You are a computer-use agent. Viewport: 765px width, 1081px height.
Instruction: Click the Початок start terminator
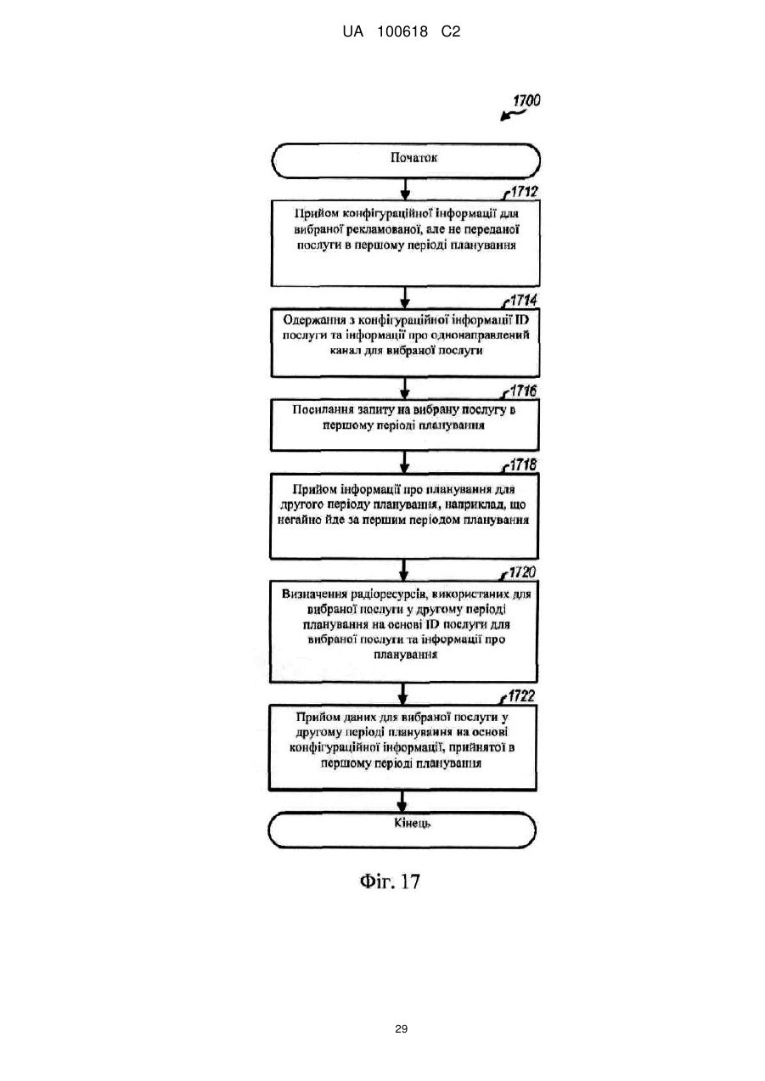(x=406, y=160)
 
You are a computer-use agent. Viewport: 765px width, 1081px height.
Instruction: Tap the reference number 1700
(x=526, y=100)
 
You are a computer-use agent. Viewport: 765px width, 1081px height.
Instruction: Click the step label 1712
(x=524, y=192)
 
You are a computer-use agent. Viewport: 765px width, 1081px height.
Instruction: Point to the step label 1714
(x=524, y=300)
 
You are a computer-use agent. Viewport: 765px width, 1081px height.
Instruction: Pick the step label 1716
(x=523, y=391)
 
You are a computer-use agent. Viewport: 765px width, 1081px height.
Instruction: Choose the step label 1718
(x=523, y=464)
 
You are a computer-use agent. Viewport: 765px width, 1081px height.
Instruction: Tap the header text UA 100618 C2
(x=401, y=32)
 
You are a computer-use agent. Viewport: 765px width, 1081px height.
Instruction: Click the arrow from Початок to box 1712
(x=406, y=189)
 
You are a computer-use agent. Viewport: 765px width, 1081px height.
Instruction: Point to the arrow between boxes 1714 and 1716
(x=405, y=388)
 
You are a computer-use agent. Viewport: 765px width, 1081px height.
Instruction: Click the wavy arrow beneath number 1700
(x=513, y=115)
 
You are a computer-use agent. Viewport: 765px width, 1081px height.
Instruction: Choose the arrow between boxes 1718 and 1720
(x=404, y=570)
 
